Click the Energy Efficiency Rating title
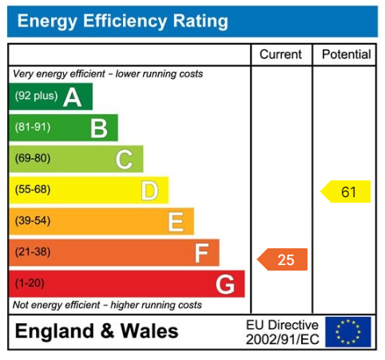click(122, 22)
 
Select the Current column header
click(281, 55)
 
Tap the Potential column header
click(346, 55)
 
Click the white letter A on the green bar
click(73, 97)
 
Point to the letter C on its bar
click(124, 160)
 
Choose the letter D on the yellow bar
click(149, 191)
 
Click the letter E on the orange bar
click(176, 222)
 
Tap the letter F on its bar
click(201, 253)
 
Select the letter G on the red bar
click(225, 284)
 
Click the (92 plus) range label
click(36, 97)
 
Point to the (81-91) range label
click(33, 128)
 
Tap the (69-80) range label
click(33, 159)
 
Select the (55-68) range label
click(33, 190)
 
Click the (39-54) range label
click(33, 221)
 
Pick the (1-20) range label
click(30, 283)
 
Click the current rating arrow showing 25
click(283, 259)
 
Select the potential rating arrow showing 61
click(346, 192)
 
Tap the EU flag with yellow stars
click(348, 331)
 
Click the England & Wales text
click(97, 331)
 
